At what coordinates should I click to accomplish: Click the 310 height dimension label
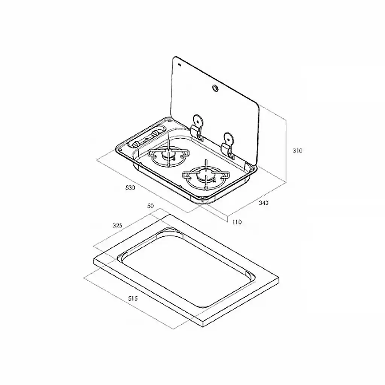coord(297,150)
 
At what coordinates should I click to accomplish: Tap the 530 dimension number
coord(130,188)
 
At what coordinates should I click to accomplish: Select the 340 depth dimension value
coord(264,203)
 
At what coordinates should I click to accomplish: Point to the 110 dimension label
coord(237,222)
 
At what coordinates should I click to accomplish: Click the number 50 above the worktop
coord(150,206)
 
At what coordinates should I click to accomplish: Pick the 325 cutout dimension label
coord(117,225)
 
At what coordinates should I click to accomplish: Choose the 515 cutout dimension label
coord(133,298)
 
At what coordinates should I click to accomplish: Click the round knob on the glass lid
coord(215,88)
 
